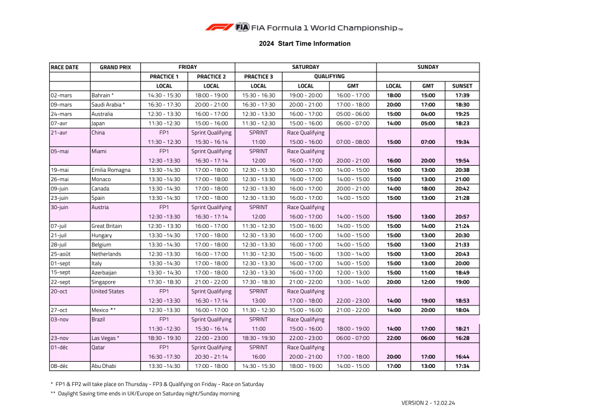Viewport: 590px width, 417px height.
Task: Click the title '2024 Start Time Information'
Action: point(305,43)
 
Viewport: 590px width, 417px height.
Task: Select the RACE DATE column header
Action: point(65,67)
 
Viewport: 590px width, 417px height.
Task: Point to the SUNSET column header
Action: point(462,86)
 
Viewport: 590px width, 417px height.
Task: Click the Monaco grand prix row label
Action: point(101,179)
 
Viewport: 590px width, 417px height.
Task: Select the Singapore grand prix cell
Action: point(104,282)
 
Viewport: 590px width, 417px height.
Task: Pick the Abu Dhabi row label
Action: point(104,366)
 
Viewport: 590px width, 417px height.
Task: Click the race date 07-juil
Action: point(60,226)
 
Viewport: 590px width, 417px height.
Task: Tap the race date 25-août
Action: point(61,254)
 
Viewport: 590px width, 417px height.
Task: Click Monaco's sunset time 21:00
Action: point(462,179)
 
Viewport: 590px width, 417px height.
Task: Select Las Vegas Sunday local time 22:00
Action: point(394,338)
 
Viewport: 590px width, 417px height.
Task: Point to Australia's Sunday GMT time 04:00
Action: point(428,114)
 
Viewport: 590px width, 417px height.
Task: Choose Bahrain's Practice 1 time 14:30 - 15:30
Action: point(164,96)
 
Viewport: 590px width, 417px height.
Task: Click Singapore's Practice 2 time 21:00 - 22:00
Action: point(211,282)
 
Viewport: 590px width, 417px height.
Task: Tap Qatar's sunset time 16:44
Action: point(462,357)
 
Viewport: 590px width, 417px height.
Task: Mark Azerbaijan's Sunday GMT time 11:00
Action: point(428,272)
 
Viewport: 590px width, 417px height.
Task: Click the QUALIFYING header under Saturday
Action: point(329,77)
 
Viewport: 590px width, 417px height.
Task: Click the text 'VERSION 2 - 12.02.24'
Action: point(428,403)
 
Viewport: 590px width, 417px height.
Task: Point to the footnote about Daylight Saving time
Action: point(145,393)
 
